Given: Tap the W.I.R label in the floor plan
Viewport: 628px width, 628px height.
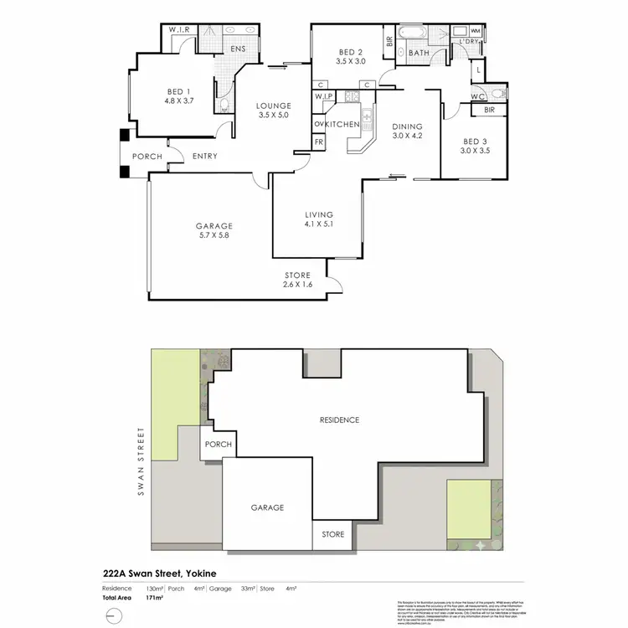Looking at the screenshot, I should [x=180, y=29].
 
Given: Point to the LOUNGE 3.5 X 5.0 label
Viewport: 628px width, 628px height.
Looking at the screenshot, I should [x=274, y=111].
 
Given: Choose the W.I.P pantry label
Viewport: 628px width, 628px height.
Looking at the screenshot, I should [x=324, y=97].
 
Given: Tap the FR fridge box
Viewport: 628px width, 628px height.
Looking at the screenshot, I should [x=319, y=142].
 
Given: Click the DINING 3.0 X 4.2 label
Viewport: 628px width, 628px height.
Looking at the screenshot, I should [x=409, y=132].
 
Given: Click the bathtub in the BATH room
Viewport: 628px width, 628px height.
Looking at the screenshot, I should [x=411, y=34].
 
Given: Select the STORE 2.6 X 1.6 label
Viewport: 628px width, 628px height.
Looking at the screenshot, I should [x=297, y=280].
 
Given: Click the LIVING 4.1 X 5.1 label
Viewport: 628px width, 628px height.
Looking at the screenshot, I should [x=319, y=219].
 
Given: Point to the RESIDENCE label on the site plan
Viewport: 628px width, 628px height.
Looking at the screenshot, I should [x=338, y=420].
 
